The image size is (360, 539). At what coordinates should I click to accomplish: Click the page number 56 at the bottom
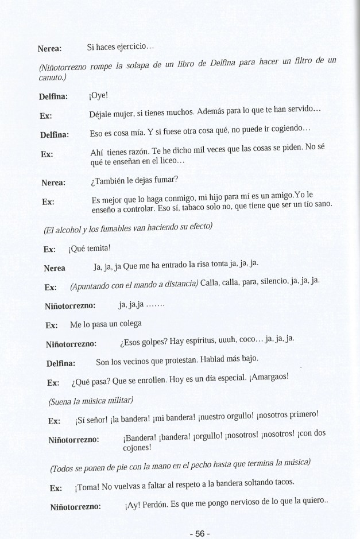coord(199,533)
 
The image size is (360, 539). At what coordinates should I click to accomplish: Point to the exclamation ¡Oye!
coord(99,96)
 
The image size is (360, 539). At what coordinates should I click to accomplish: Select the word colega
coord(127,324)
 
